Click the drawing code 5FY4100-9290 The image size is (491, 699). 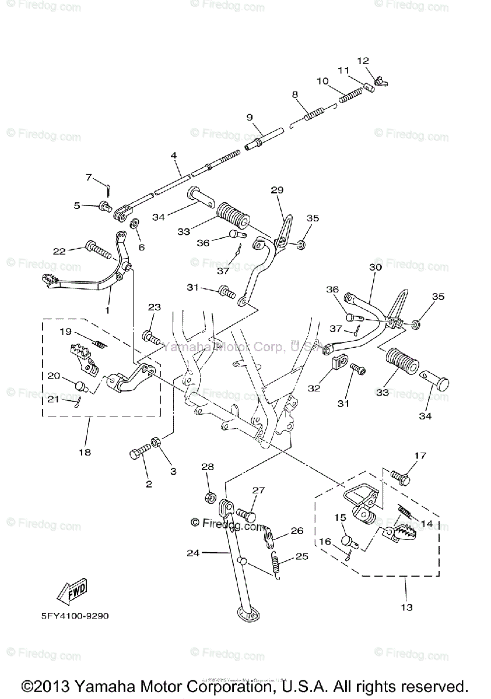[x=75, y=615]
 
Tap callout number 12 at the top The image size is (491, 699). [x=363, y=61]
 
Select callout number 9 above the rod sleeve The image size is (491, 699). [x=250, y=117]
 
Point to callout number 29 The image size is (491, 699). [x=277, y=190]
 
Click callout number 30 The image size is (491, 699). [x=375, y=267]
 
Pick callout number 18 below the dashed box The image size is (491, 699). [x=85, y=451]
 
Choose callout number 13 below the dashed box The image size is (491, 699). [x=406, y=607]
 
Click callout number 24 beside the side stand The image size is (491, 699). [x=193, y=553]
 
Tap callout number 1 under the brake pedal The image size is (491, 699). [x=107, y=310]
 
